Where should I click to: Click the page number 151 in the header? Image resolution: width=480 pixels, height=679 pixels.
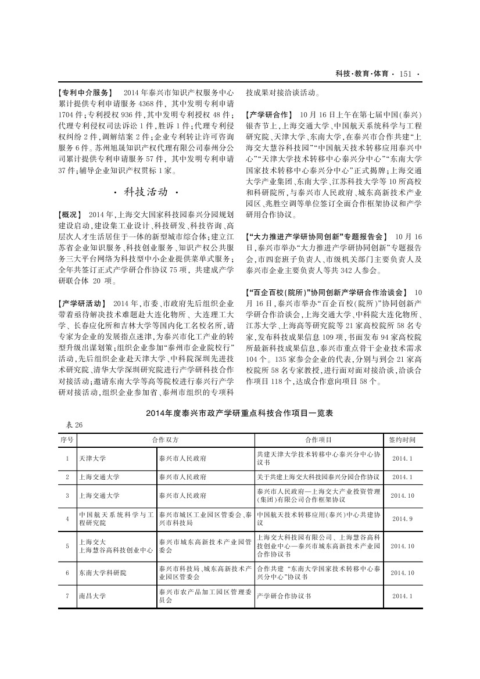coord(406,74)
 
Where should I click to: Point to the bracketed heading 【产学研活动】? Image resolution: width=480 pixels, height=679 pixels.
coord(82,304)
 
